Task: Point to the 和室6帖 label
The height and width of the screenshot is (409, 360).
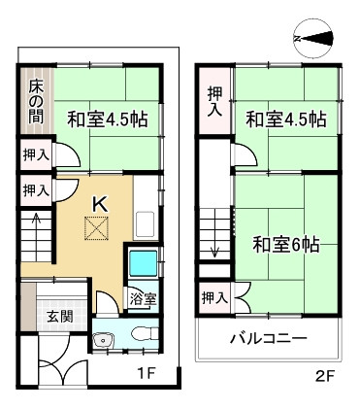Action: (x=286, y=244)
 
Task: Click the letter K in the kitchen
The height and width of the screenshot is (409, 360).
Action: (x=98, y=202)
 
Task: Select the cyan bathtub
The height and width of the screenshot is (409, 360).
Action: (x=142, y=264)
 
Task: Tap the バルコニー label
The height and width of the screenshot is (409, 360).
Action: (x=268, y=339)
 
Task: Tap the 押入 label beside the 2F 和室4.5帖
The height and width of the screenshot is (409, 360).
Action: (x=215, y=101)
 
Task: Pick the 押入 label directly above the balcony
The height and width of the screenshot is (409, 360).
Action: (x=215, y=298)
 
